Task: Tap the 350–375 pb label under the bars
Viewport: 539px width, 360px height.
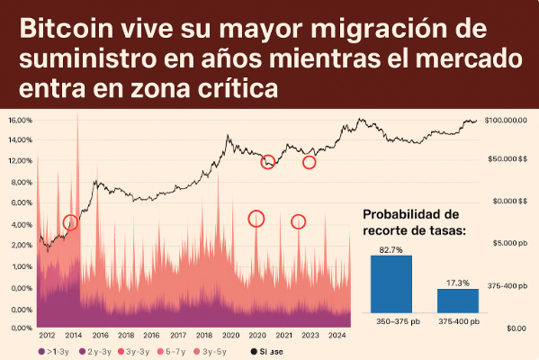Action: [x=391, y=321]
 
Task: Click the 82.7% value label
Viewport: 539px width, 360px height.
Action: [x=391, y=247]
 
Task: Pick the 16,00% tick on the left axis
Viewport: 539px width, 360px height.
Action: [x=20, y=120]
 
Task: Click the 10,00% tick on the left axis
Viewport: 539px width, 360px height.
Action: [x=20, y=182]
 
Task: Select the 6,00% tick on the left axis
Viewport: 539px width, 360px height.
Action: [x=20, y=224]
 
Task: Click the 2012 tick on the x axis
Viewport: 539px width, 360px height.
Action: [x=47, y=336]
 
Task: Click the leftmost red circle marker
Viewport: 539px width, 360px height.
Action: [x=71, y=222]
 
